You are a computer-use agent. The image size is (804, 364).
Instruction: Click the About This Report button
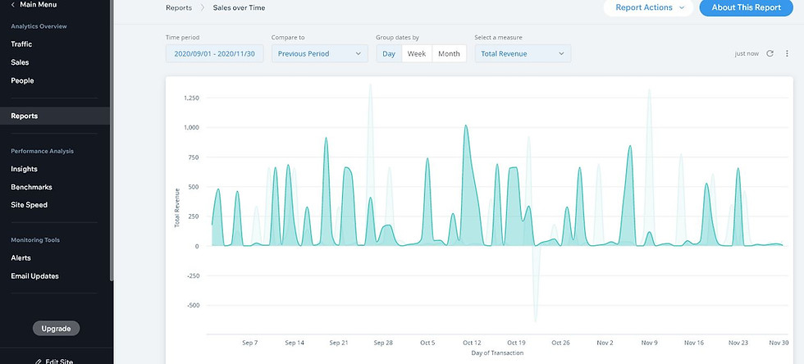[x=746, y=7]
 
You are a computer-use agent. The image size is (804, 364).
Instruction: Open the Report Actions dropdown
[x=649, y=7]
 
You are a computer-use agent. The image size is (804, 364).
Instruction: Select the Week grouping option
[x=417, y=54]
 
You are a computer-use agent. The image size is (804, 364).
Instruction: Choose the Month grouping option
[x=450, y=54]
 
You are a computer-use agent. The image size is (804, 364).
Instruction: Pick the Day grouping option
[x=389, y=54]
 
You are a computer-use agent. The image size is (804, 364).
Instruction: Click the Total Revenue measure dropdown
[x=523, y=54]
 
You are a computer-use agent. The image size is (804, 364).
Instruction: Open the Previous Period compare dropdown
[x=319, y=54]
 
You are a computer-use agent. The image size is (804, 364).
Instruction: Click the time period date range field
[x=214, y=54]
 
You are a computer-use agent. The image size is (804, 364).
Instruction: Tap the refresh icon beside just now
[x=770, y=53]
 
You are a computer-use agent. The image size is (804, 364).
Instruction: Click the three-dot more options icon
[x=787, y=53]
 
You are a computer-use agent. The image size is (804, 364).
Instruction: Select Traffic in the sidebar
[x=21, y=44]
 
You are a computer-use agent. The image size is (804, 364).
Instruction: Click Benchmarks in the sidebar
[x=31, y=187]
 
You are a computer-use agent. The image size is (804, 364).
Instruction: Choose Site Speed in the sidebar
[x=30, y=205]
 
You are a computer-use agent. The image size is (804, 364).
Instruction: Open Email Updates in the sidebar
[x=34, y=275]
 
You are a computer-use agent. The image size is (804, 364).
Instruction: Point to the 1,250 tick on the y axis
[x=191, y=98]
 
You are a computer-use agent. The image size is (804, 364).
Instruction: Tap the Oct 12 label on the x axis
[x=472, y=343]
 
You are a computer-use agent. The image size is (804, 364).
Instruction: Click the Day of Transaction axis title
[x=497, y=353]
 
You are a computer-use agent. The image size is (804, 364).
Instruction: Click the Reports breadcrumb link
[x=179, y=7]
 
